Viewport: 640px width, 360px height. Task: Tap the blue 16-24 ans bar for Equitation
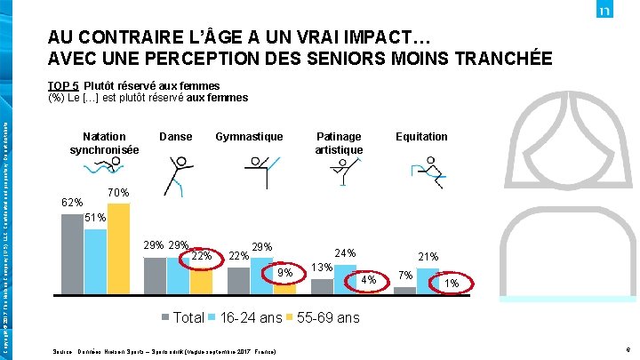pyautogui.click(x=428, y=280)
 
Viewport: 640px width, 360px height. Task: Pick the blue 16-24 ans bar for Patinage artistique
pyautogui.click(x=344, y=276)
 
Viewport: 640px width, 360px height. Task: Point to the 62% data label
pyautogui.click(x=71, y=203)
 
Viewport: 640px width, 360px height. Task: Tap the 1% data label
pyautogui.click(x=452, y=284)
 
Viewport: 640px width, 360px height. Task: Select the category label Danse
pyautogui.click(x=175, y=136)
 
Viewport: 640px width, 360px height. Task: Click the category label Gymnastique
pyautogui.click(x=249, y=136)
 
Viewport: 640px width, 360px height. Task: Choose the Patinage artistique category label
pyautogui.click(x=339, y=142)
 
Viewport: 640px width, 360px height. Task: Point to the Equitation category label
pyautogui.click(x=421, y=136)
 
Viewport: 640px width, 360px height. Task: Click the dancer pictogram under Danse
pyautogui.click(x=178, y=174)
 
